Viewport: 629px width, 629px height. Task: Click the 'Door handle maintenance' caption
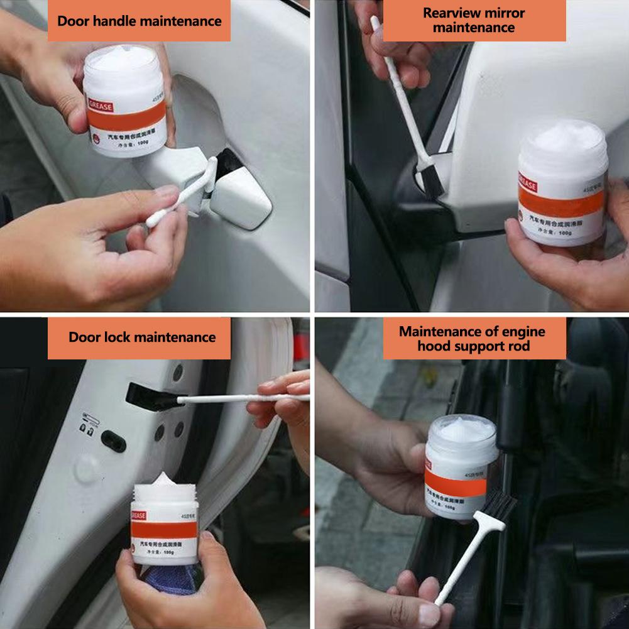coord(139,21)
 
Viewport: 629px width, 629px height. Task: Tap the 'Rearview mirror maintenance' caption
coord(474,21)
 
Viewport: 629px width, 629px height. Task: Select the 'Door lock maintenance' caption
coord(141,337)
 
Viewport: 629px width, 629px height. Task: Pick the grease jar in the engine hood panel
coord(461,464)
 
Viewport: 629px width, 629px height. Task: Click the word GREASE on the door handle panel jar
coord(101,107)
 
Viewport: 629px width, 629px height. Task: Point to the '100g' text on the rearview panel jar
coord(564,232)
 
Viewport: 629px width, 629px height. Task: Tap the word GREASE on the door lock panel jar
coord(139,516)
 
